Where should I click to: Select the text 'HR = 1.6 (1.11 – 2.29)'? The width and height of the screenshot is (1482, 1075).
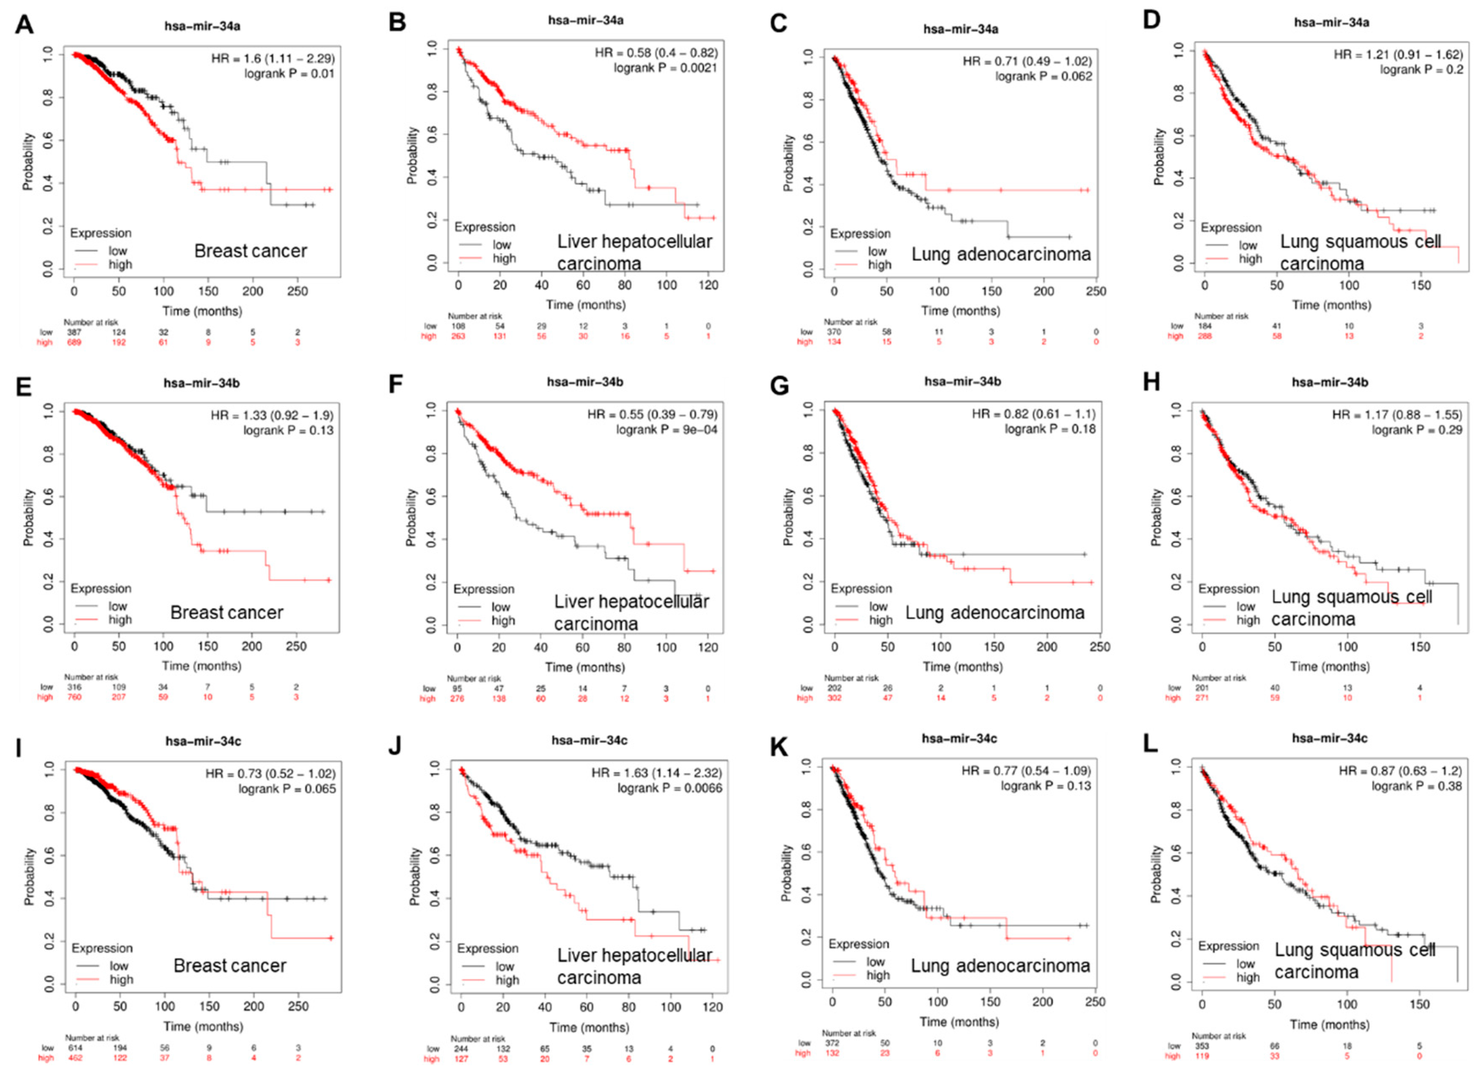273,59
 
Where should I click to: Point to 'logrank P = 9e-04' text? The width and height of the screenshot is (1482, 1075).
667,430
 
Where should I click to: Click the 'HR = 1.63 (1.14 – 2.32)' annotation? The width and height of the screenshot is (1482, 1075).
657,773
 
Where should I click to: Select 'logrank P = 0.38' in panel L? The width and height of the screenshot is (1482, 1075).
1417,786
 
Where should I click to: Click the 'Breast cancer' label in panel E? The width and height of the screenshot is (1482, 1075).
227,613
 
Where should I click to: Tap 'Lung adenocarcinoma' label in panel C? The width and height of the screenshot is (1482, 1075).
1001,254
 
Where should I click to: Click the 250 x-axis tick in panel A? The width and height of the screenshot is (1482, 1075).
298,291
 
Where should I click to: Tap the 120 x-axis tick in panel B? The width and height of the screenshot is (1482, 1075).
708,285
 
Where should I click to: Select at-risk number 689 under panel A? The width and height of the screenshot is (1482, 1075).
74,342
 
